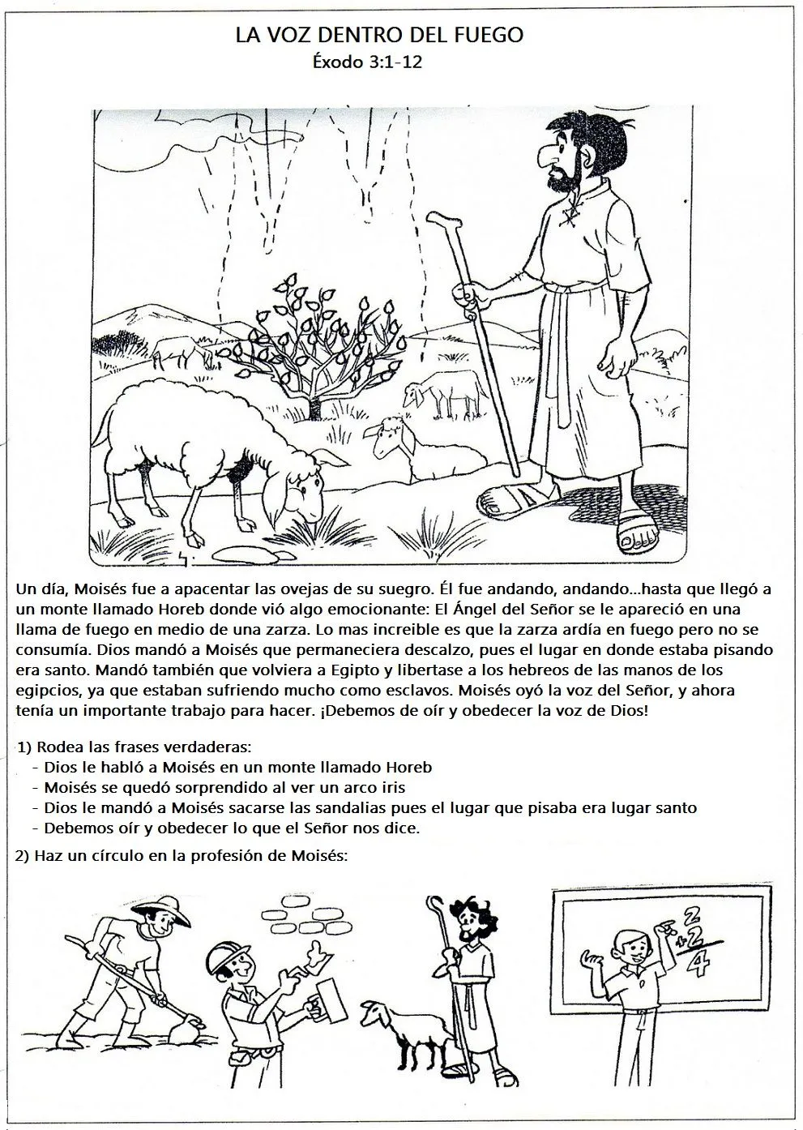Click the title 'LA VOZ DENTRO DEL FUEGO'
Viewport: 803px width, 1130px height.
coord(380,36)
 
